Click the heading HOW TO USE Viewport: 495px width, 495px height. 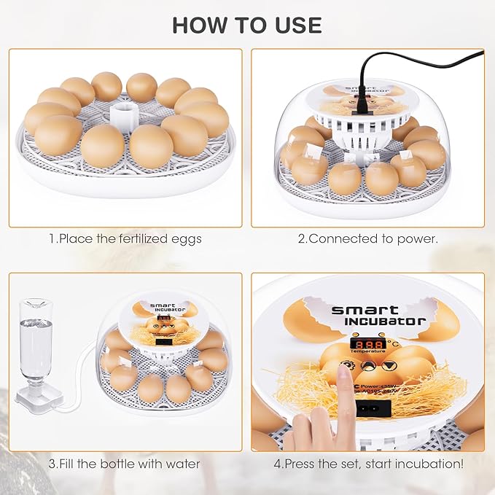coord(247,24)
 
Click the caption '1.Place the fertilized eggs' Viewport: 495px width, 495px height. coord(125,238)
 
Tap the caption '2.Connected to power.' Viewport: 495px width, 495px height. coord(367,238)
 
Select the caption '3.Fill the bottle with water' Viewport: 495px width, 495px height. coord(125,464)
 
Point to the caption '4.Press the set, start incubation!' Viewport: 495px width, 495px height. coord(368,464)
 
